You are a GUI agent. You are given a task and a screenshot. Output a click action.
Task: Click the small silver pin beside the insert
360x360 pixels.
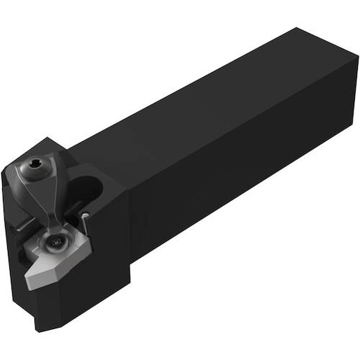[x=85, y=216]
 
